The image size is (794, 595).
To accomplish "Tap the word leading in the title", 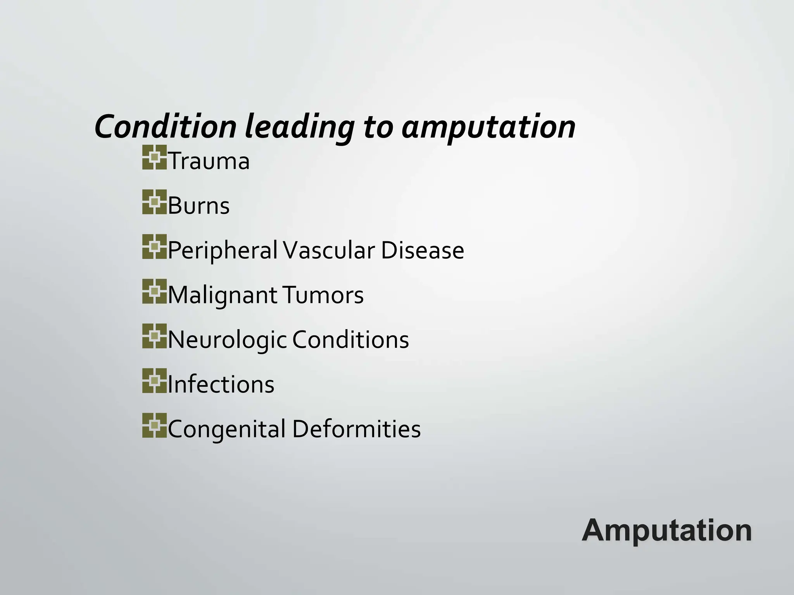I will click(299, 127).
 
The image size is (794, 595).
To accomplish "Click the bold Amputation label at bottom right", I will click(667, 530).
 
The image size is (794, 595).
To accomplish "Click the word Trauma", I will click(209, 161).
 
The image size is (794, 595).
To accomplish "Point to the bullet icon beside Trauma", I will click(154, 157).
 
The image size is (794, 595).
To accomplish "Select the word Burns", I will click(198, 205).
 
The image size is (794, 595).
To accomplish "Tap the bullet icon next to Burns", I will click(154, 202).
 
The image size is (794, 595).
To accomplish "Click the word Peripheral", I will click(223, 250).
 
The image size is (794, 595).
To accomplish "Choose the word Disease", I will click(422, 250).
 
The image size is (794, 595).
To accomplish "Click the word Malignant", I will click(222, 295).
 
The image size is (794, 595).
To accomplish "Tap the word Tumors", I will click(323, 295).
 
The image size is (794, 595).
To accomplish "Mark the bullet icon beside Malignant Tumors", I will click(154, 291).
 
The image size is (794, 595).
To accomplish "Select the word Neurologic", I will click(227, 340).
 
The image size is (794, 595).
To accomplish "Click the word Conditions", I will click(350, 340).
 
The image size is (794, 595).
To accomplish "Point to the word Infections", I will click(221, 384).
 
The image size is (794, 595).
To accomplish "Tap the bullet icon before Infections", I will click(154, 381).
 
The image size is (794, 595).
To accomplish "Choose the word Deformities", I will click(356, 429).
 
